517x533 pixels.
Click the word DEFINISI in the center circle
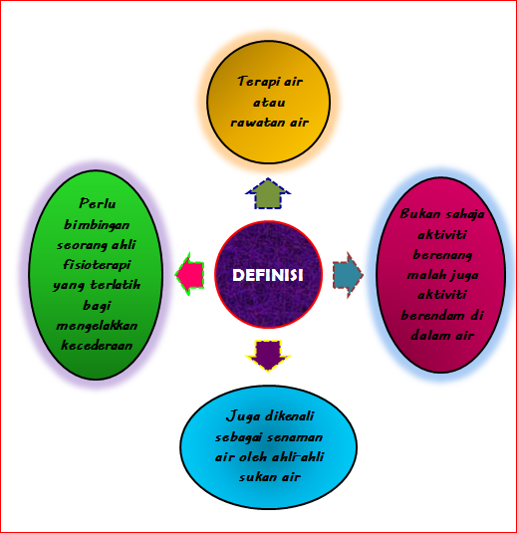[x=268, y=275]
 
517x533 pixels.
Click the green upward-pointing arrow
[x=268, y=193]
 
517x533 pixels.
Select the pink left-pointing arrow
[x=189, y=274]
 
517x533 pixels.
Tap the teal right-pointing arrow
[x=348, y=275]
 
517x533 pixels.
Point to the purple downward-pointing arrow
[x=268, y=356]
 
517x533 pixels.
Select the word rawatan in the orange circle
[x=258, y=123]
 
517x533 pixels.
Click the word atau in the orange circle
[x=269, y=103]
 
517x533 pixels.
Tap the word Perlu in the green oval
[x=98, y=203]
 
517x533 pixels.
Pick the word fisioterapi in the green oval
[x=97, y=265]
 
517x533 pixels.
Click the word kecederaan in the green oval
[x=97, y=346]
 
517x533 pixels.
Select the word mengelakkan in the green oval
[x=97, y=326]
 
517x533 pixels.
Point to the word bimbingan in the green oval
[x=97, y=225]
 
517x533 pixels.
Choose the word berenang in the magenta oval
[x=442, y=255]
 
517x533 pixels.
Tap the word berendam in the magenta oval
[x=431, y=316]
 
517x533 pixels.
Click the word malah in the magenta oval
[x=423, y=275]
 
